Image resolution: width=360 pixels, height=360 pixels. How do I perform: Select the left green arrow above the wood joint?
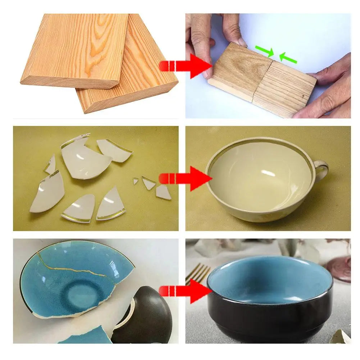(x=264, y=51)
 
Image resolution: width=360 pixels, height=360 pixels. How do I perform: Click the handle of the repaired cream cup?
(x=321, y=169)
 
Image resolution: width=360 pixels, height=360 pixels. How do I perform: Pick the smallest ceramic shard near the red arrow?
(x=136, y=181)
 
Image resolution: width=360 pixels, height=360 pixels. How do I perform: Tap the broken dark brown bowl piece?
(x=147, y=313)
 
